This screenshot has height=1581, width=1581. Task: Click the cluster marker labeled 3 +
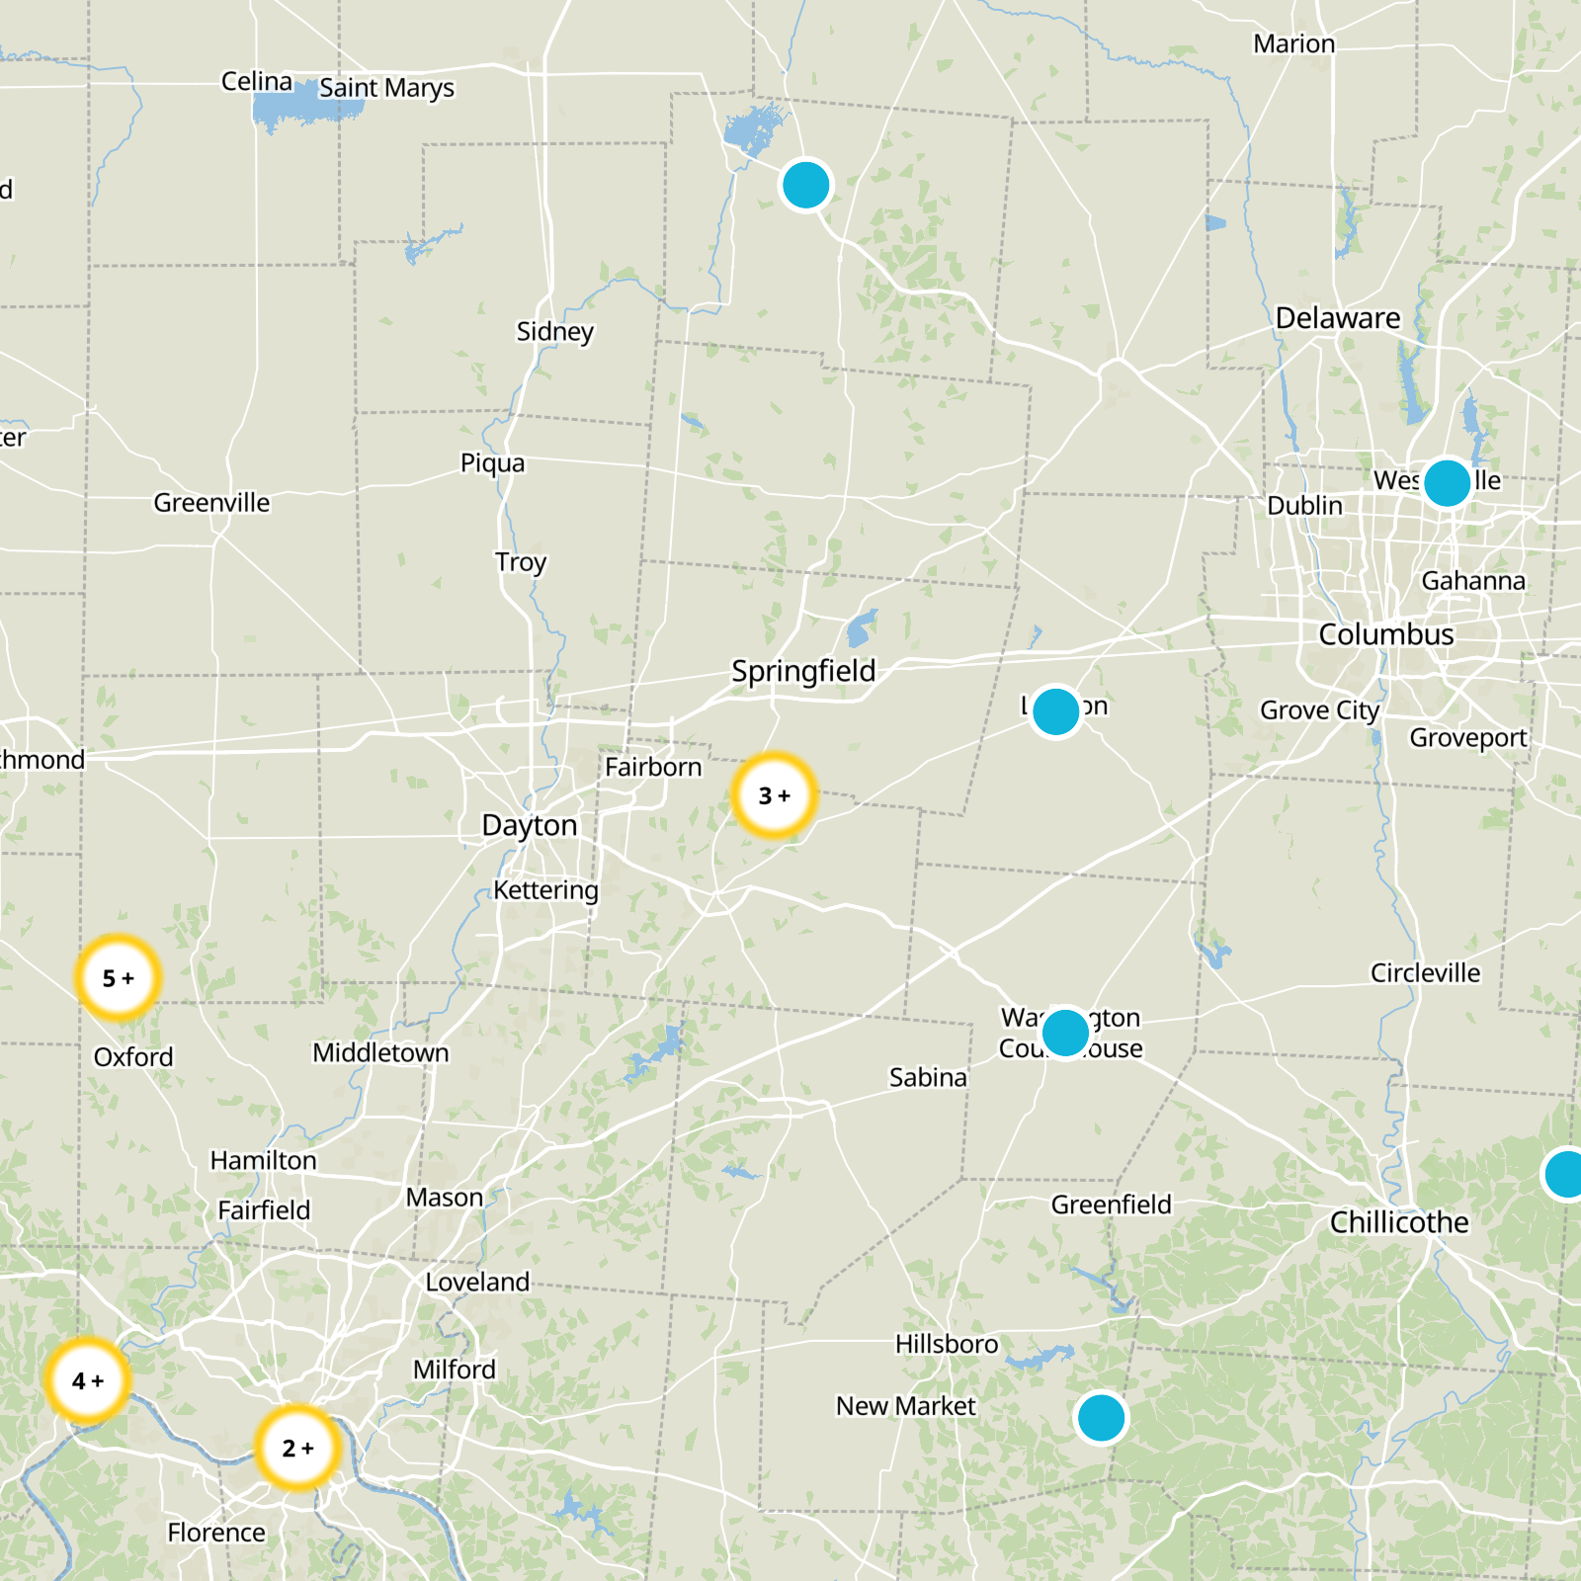coord(775,795)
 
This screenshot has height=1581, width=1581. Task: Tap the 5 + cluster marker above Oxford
coord(118,978)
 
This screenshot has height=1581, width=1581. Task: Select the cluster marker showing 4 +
coord(87,1380)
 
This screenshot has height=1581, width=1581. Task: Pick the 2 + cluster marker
coord(297,1448)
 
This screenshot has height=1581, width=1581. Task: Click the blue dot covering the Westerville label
coord(1447,483)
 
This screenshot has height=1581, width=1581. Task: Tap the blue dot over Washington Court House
coord(1065,1033)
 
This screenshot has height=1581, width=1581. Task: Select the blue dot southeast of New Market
coord(1101,1418)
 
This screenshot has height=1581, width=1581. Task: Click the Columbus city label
coord(1385,634)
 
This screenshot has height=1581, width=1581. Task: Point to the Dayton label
coord(529,825)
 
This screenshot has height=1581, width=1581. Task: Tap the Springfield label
coord(803,671)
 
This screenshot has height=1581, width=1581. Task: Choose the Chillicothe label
coord(1399,1222)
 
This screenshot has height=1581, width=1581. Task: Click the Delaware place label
coord(1338,318)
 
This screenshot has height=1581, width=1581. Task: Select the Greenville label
coord(211,503)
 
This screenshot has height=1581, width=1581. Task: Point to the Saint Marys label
coord(386,88)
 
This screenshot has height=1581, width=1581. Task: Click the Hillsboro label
coord(947,1344)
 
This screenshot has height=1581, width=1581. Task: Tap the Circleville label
coord(1425,973)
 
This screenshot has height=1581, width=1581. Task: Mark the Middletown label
coord(380,1053)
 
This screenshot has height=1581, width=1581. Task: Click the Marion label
coord(1293,44)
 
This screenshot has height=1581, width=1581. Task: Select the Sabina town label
coord(928,1077)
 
